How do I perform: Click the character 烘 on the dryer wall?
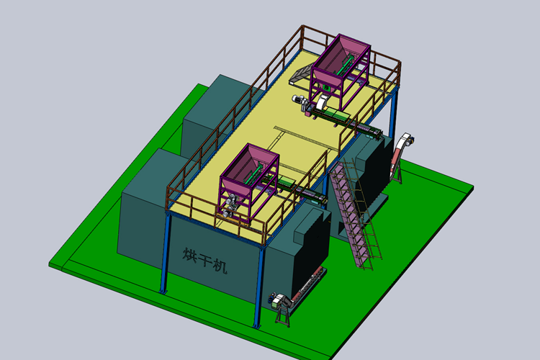[x=190, y=256]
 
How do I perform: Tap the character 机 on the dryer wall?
[x=220, y=266]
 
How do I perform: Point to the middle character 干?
[x=204, y=260]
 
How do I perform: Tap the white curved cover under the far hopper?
[x=322, y=102]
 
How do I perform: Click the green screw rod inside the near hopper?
[x=253, y=174]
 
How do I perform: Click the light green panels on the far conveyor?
[x=336, y=113]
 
